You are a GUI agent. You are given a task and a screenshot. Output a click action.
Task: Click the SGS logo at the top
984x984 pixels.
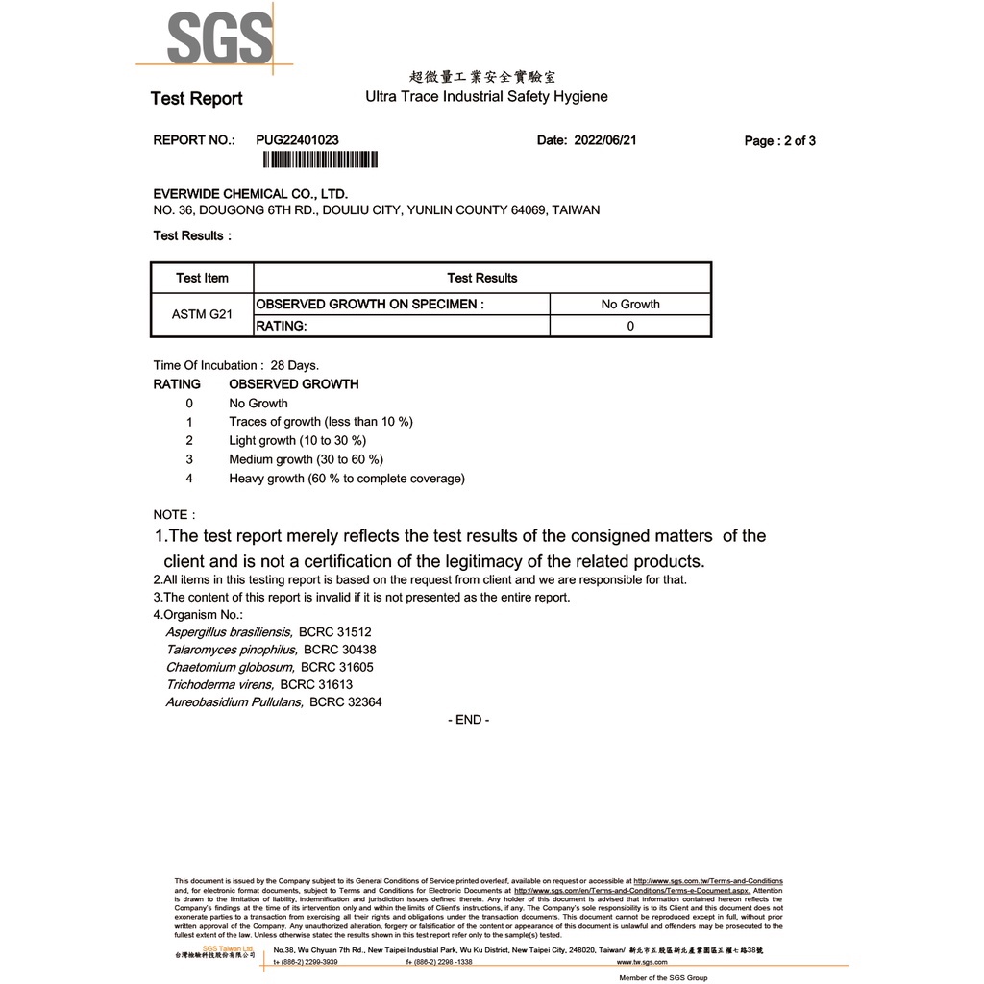(219, 38)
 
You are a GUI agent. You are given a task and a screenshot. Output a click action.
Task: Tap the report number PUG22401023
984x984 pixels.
(298, 140)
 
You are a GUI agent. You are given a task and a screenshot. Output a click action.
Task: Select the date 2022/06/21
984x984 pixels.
(605, 140)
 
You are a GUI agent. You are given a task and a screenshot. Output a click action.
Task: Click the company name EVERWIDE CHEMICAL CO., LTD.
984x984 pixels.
(251, 193)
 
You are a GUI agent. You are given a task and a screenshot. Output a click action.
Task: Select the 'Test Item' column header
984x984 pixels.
(202, 278)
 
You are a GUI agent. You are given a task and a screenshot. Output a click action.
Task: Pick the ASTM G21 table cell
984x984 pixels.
(202, 314)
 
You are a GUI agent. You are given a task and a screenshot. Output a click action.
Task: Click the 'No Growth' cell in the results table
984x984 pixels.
(630, 304)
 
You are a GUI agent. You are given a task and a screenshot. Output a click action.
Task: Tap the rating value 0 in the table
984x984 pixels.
(630, 326)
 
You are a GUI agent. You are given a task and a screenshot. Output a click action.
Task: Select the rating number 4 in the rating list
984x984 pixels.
(189, 478)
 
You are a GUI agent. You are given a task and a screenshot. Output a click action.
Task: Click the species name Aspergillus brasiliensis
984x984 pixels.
(229, 632)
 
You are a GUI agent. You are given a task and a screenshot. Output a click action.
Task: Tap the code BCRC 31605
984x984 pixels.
(337, 667)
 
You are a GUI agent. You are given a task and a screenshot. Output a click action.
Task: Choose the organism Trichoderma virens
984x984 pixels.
(219, 684)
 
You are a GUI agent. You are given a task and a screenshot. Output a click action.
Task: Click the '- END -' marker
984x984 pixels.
(469, 720)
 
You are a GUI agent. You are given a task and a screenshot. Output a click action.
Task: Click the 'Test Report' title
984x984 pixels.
(197, 98)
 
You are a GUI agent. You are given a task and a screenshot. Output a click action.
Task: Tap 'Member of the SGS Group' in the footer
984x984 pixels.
(663, 977)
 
